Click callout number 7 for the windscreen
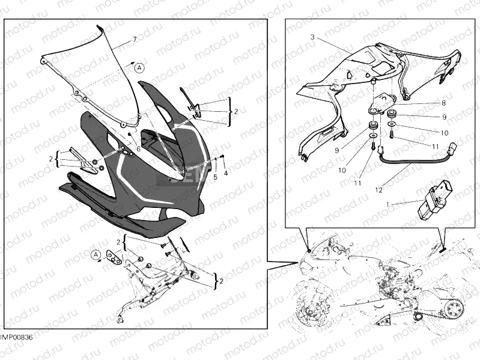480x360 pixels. point(135,40)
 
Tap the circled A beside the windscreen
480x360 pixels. point(139,67)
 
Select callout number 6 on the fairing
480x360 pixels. point(138,149)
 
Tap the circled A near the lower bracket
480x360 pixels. point(96,255)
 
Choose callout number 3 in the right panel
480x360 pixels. point(312,37)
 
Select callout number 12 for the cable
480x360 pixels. point(378,190)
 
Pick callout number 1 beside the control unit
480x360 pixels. point(388,204)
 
